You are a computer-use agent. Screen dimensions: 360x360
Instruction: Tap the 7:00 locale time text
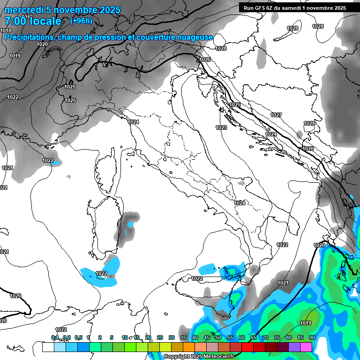(32, 22)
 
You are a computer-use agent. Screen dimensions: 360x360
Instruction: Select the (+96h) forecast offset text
(81, 21)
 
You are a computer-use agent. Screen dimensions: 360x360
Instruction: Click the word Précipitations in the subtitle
(27, 37)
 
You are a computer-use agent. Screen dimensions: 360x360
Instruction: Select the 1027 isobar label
(276, 115)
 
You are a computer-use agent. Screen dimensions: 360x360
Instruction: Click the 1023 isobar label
(222, 127)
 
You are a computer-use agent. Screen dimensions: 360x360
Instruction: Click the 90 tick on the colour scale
(312, 338)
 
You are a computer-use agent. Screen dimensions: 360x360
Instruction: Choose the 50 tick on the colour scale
(218, 338)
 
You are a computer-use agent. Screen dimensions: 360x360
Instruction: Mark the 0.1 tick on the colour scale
(54, 338)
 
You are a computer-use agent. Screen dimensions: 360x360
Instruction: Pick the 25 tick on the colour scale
(159, 338)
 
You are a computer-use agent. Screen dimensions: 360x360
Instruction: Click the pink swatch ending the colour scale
(306, 347)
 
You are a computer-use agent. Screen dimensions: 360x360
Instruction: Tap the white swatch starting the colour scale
(48, 347)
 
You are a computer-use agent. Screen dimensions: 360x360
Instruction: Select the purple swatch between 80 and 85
(294, 347)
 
